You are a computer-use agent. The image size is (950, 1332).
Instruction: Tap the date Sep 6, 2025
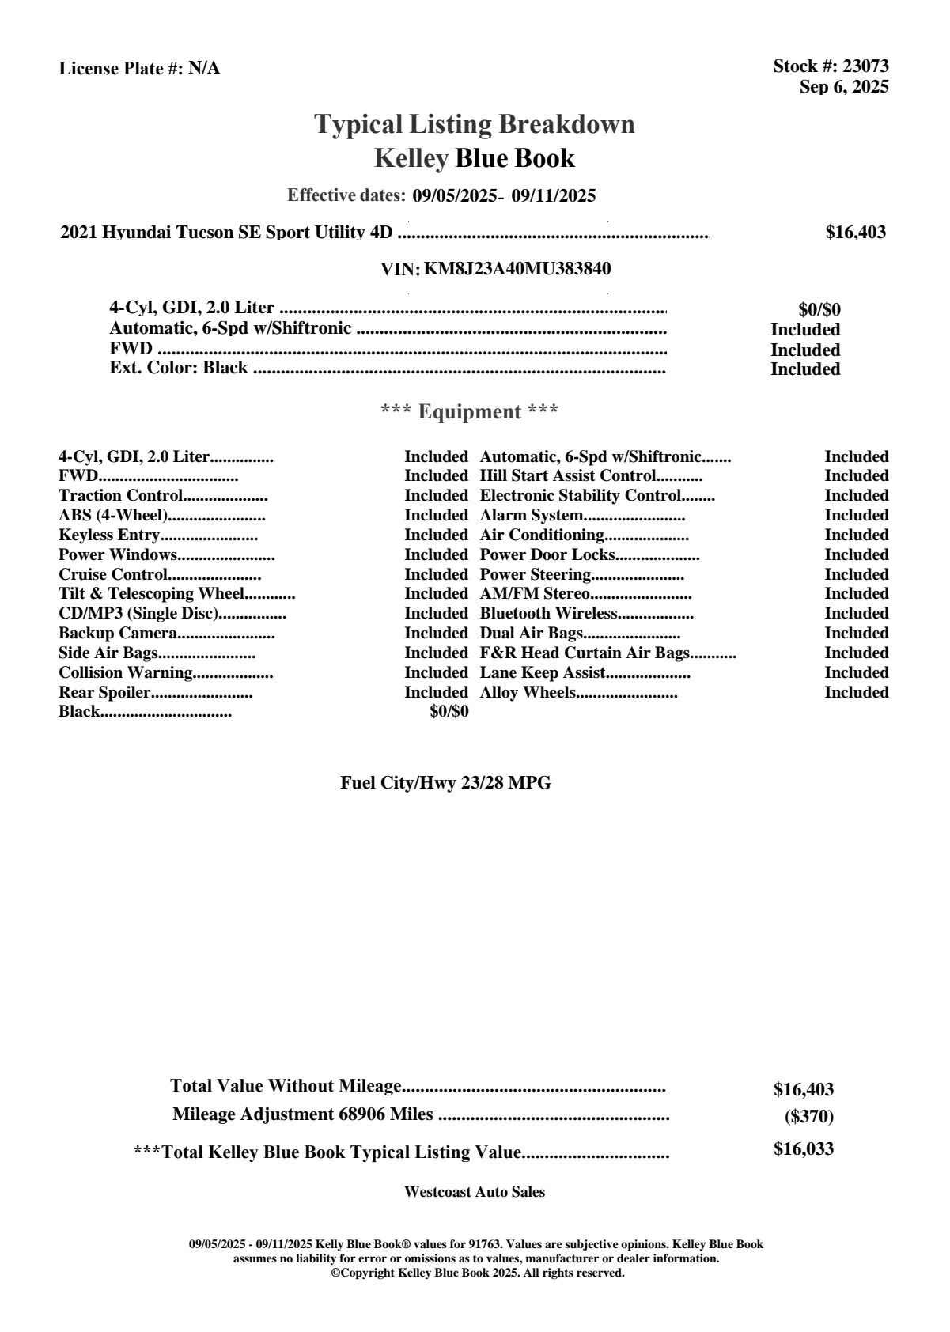point(843,87)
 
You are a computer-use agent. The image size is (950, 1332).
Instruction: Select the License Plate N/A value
point(204,69)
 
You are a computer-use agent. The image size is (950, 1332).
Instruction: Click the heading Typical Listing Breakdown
point(475,124)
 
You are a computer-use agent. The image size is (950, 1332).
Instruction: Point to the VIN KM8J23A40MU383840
point(517,269)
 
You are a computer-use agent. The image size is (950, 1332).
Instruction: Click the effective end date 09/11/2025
point(554,195)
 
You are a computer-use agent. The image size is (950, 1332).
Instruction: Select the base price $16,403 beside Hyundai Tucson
point(855,233)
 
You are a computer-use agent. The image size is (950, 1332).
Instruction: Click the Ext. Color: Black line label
point(178,368)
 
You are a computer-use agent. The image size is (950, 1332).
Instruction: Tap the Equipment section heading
point(470,411)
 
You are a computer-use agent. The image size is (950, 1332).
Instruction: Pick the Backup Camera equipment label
point(118,634)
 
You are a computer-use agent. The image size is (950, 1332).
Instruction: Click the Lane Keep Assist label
point(543,673)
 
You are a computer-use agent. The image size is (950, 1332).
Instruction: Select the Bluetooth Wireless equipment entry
point(548,614)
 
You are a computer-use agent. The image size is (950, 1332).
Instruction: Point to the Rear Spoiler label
point(104,693)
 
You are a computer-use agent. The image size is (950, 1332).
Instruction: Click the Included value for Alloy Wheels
point(856,693)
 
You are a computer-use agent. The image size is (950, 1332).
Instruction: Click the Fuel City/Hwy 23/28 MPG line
point(445,783)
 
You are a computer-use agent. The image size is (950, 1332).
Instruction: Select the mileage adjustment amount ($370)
point(808,1117)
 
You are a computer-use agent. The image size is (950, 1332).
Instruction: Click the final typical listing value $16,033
point(803,1149)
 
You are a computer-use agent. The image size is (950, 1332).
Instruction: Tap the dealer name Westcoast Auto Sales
point(474,1192)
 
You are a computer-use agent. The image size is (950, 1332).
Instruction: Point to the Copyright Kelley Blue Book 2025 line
point(478,1273)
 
